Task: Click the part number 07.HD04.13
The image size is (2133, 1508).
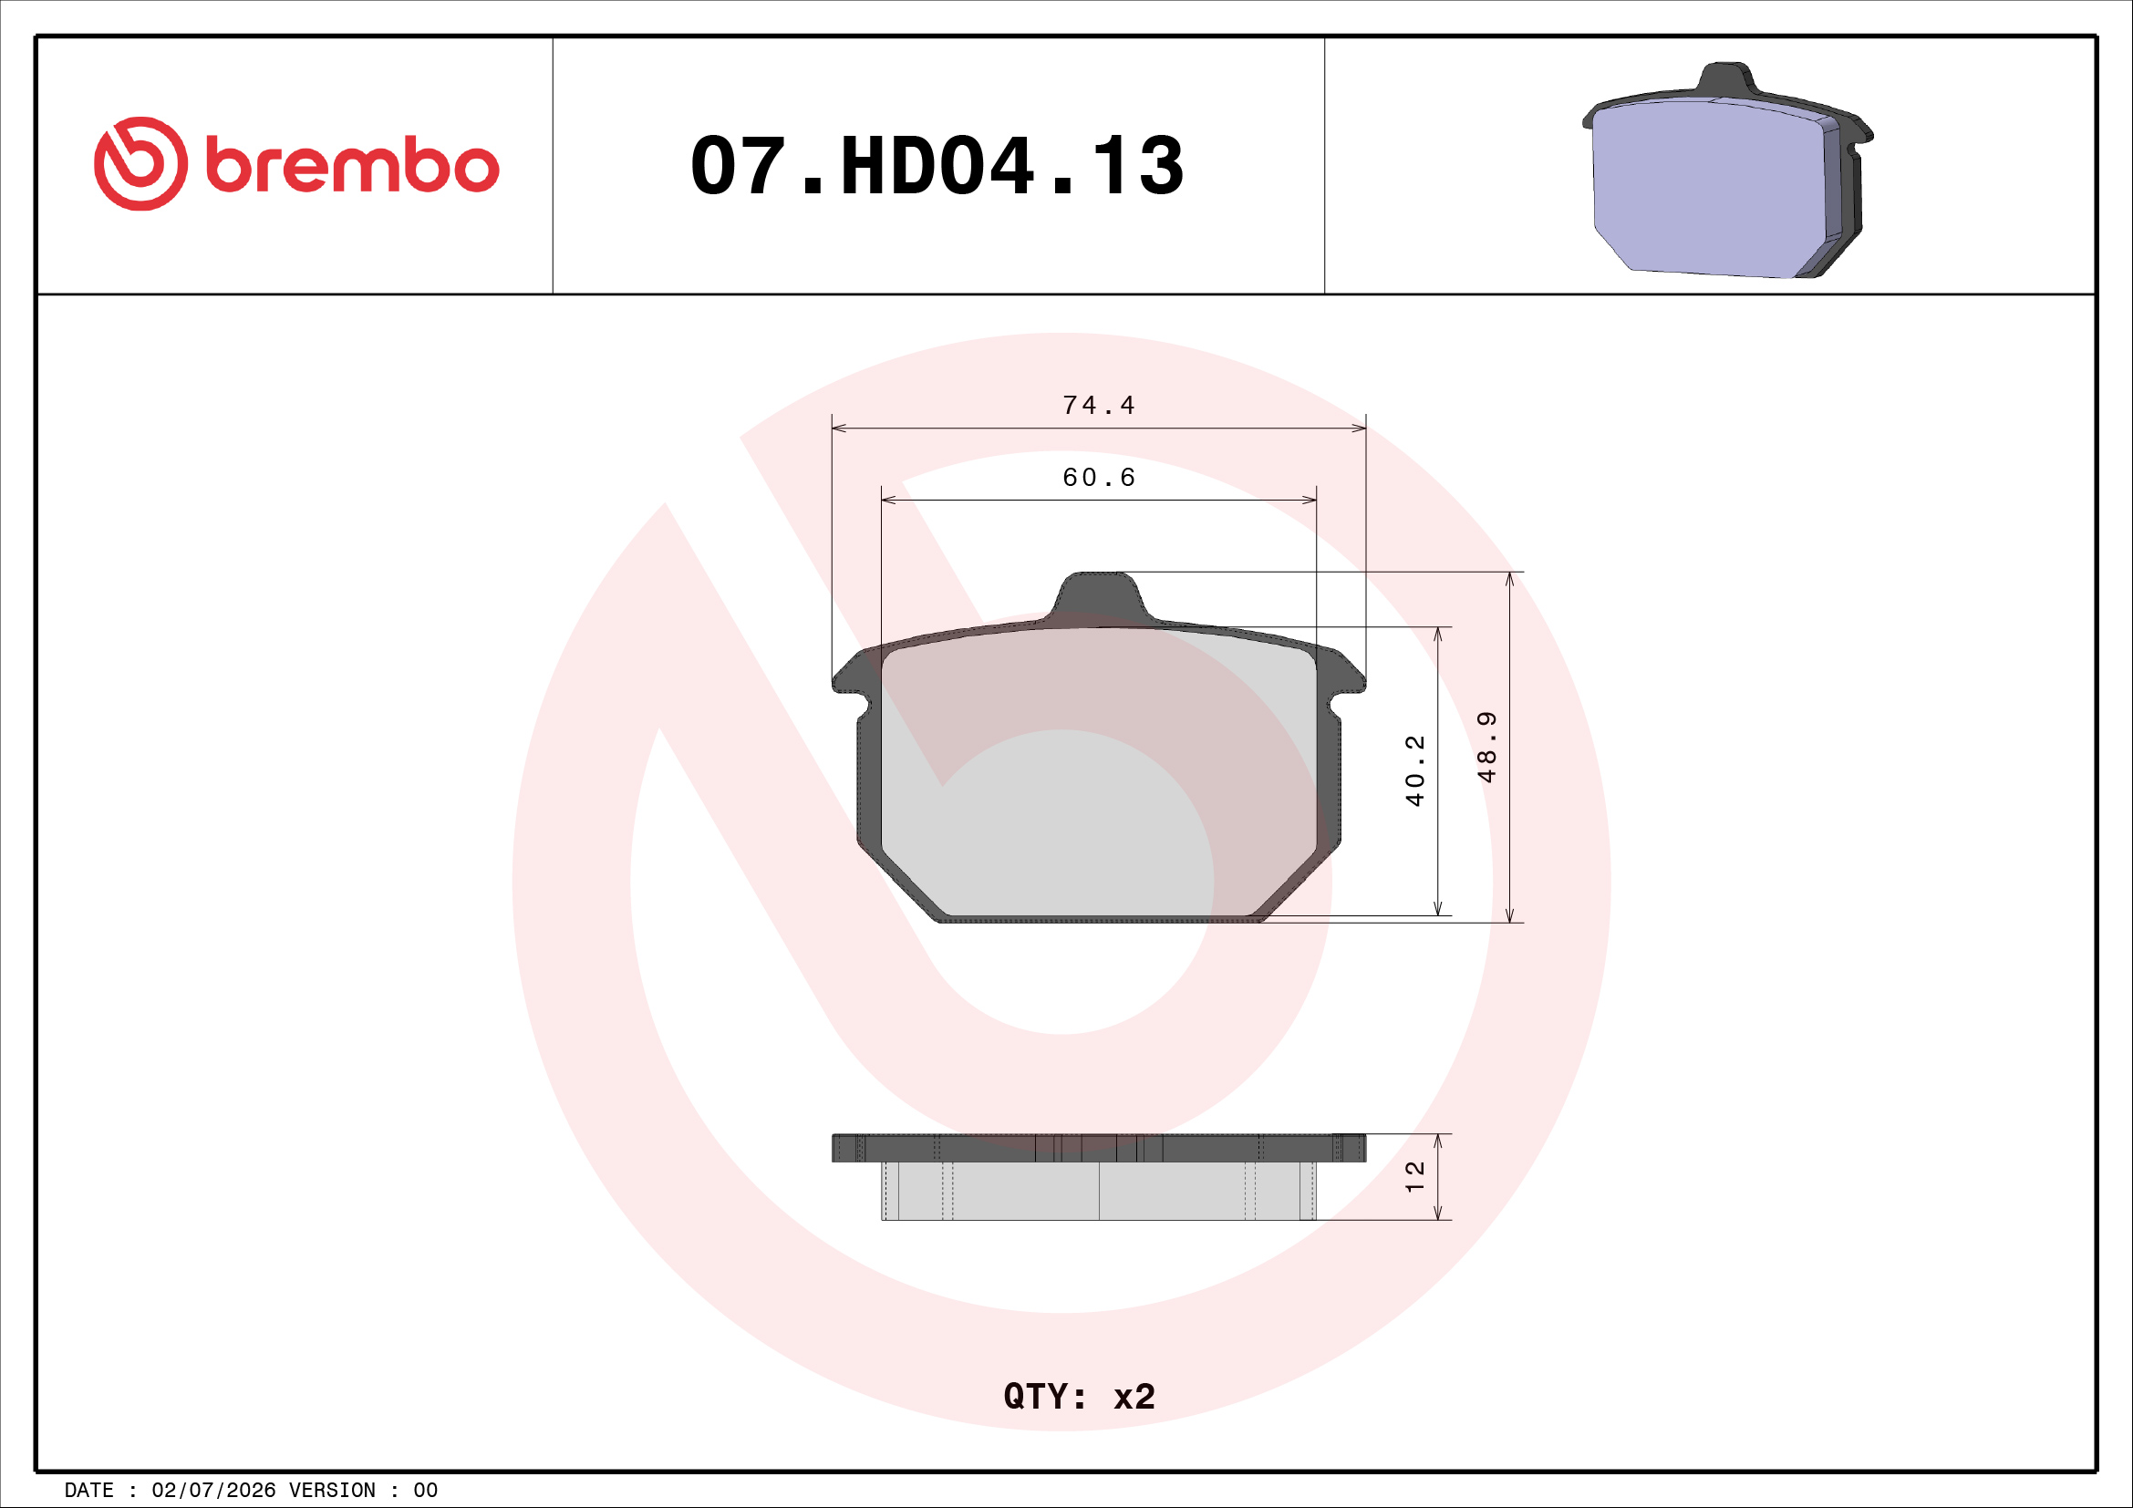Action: (x=937, y=166)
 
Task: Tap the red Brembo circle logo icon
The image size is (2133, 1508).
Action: (x=140, y=163)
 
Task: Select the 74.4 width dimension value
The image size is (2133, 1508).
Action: (x=1098, y=406)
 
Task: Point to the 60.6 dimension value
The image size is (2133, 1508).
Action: (x=1098, y=477)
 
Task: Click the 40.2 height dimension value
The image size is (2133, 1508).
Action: (x=1415, y=770)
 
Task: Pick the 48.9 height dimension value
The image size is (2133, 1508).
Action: (x=1487, y=748)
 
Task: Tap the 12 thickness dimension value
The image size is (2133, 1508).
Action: (x=1415, y=1176)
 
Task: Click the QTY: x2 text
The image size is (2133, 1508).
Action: (x=1080, y=1397)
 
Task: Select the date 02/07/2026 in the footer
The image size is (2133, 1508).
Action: (x=213, y=1491)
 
